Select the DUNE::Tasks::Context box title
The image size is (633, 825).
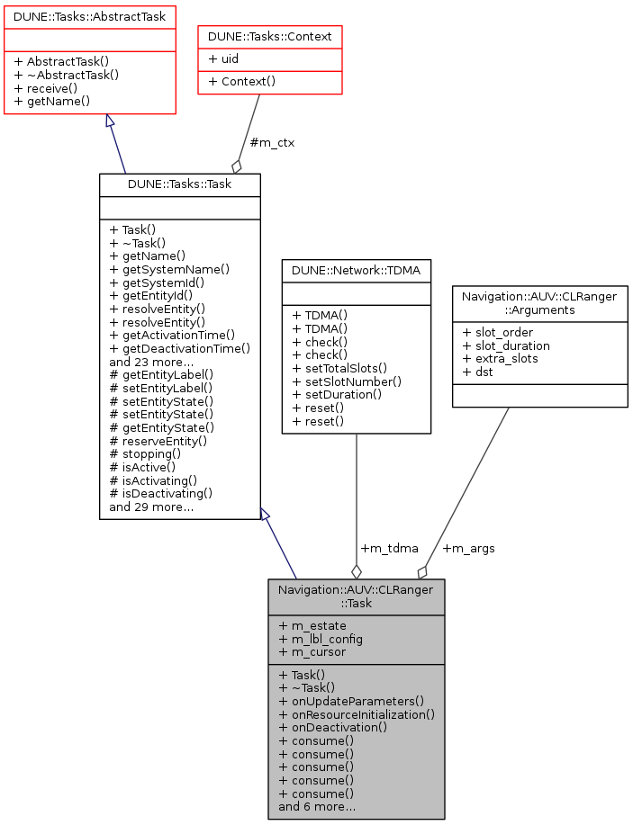tap(270, 36)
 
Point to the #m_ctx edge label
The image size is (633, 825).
tap(271, 142)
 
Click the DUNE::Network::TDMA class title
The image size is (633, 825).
tap(356, 269)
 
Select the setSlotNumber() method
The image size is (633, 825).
tap(347, 381)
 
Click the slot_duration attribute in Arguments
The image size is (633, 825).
tap(505, 345)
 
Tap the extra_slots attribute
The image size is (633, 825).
tap(500, 359)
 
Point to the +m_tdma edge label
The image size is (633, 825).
tap(389, 548)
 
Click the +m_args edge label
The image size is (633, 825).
tap(468, 548)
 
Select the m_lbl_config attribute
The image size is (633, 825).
tap(321, 639)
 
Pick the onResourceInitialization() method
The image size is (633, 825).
tap(357, 714)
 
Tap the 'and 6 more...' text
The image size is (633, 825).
tap(317, 807)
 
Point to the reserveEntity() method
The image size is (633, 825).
tap(158, 441)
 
